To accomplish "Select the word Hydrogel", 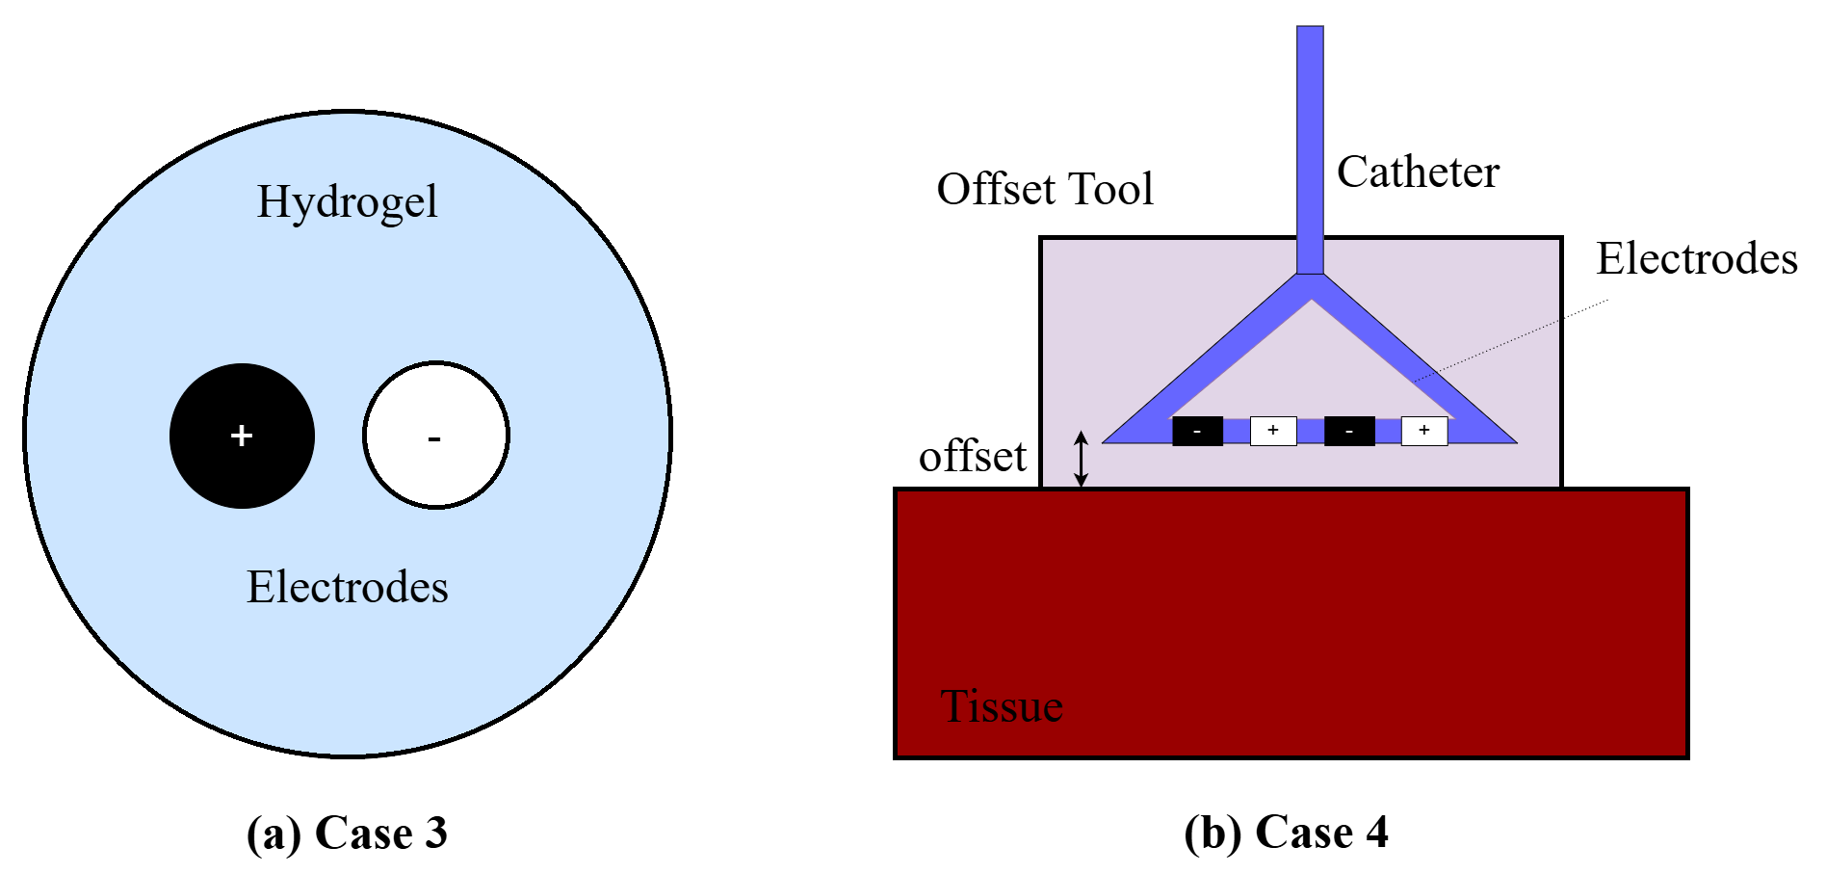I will tap(347, 201).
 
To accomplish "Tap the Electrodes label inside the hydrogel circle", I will tap(347, 587).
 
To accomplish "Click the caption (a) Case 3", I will tap(347, 833).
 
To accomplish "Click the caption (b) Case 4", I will tap(1286, 833).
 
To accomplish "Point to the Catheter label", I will tap(1418, 172).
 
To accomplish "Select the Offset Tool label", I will tap(1045, 189).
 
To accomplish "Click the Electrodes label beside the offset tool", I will tap(1696, 258).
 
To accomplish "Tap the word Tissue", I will tap(1002, 706).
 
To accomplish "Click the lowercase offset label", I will tap(972, 457).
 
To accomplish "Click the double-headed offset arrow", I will tap(1081, 459).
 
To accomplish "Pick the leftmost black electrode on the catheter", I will tap(1197, 431).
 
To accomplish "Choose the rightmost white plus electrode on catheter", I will tap(1423, 431).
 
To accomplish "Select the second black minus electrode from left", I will tap(1348, 431).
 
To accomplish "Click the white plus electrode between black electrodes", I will tap(1272, 431).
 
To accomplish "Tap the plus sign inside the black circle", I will tap(241, 436).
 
